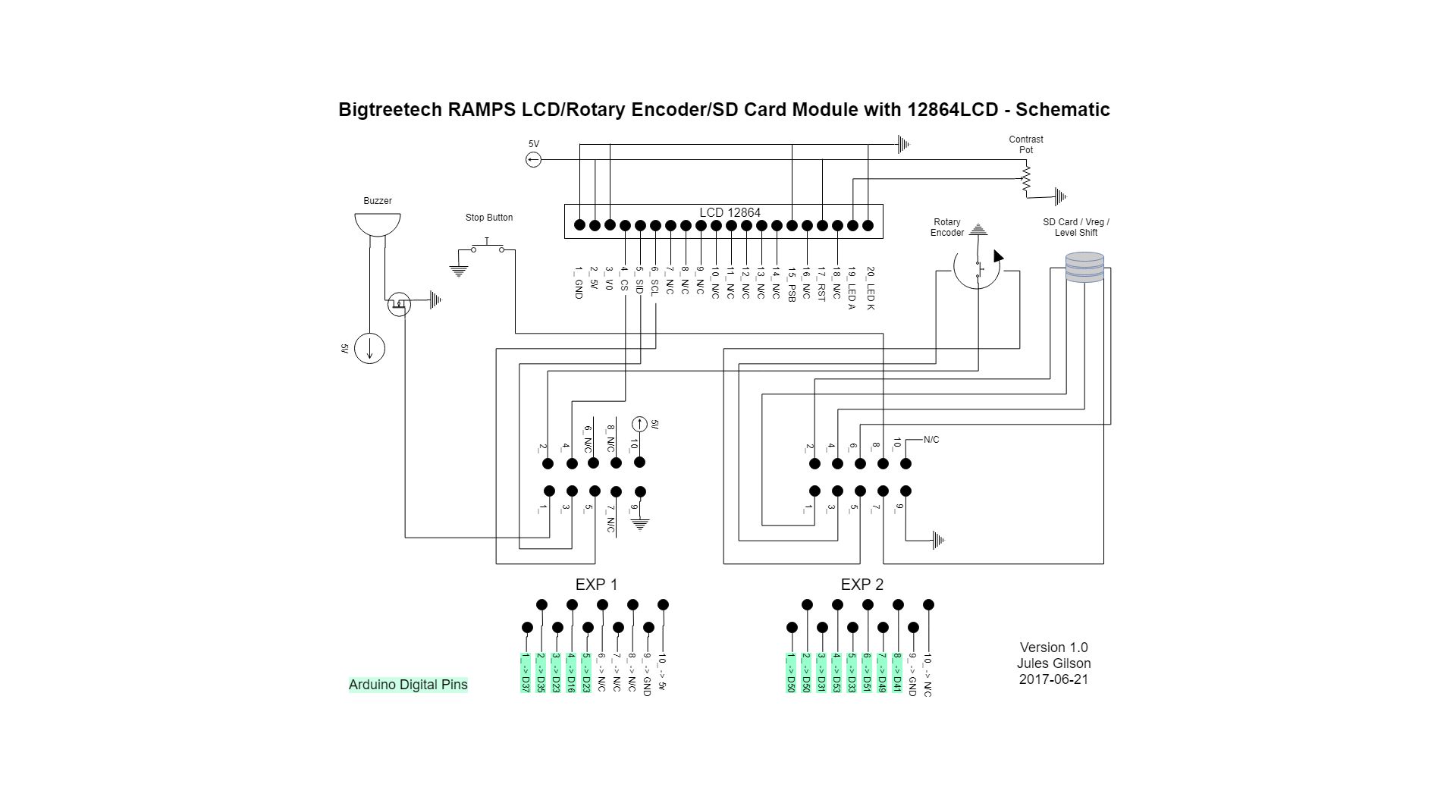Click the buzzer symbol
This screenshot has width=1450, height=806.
pyautogui.click(x=377, y=224)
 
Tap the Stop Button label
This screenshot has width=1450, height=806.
pyautogui.click(x=489, y=218)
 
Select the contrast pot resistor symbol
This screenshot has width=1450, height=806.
pyautogui.click(x=1026, y=179)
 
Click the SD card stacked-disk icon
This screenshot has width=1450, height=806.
pyautogui.click(x=1084, y=267)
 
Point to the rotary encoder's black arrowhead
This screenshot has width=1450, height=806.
pyautogui.click(x=998, y=257)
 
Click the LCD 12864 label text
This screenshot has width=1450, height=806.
pyautogui.click(x=730, y=213)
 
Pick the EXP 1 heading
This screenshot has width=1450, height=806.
pyautogui.click(x=596, y=585)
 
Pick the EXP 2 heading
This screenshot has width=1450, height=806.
pyautogui.click(x=862, y=585)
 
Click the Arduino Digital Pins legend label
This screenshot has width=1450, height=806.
pyautogui.click(x=408, y=685)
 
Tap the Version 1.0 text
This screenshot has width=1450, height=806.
pyautogui.click(x=1053, y=648)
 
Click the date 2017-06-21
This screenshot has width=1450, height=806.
pyautogui.click(x=1053, y=679)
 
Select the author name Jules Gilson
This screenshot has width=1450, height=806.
pyautogui.click(x=1053, y=663)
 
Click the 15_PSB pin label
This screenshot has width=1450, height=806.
pyautogui.click(x=791, y=285)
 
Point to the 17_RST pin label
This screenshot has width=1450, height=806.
pyautogui.click(x=821, y=285)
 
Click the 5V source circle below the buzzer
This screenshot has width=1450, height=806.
pyautogui.click(x=370, y=349)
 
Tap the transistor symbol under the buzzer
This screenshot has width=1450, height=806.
pyautogui.click(x=399, y=305)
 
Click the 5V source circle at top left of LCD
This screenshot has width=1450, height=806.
pyautogui.click(x=534, y=160)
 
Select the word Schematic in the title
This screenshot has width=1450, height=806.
pyautogui.click(x=1062, y=110)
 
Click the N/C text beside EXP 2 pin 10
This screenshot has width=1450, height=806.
pyautogui.click(x=931, y=440)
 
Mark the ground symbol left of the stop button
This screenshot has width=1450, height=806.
pyautogui.click(x=458, y=270)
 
